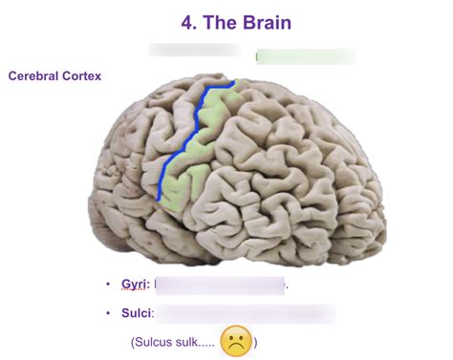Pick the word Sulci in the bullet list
coord(136,312)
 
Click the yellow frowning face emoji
coord(236,342)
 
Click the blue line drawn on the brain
coord(187,134)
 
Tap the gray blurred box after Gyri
coord(220,285)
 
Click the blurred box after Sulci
coord(244,312)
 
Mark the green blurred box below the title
coord(304,55)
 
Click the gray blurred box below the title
coord(196,50)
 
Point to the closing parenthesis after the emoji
coord(256,342)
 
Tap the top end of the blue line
coord(229,83)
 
